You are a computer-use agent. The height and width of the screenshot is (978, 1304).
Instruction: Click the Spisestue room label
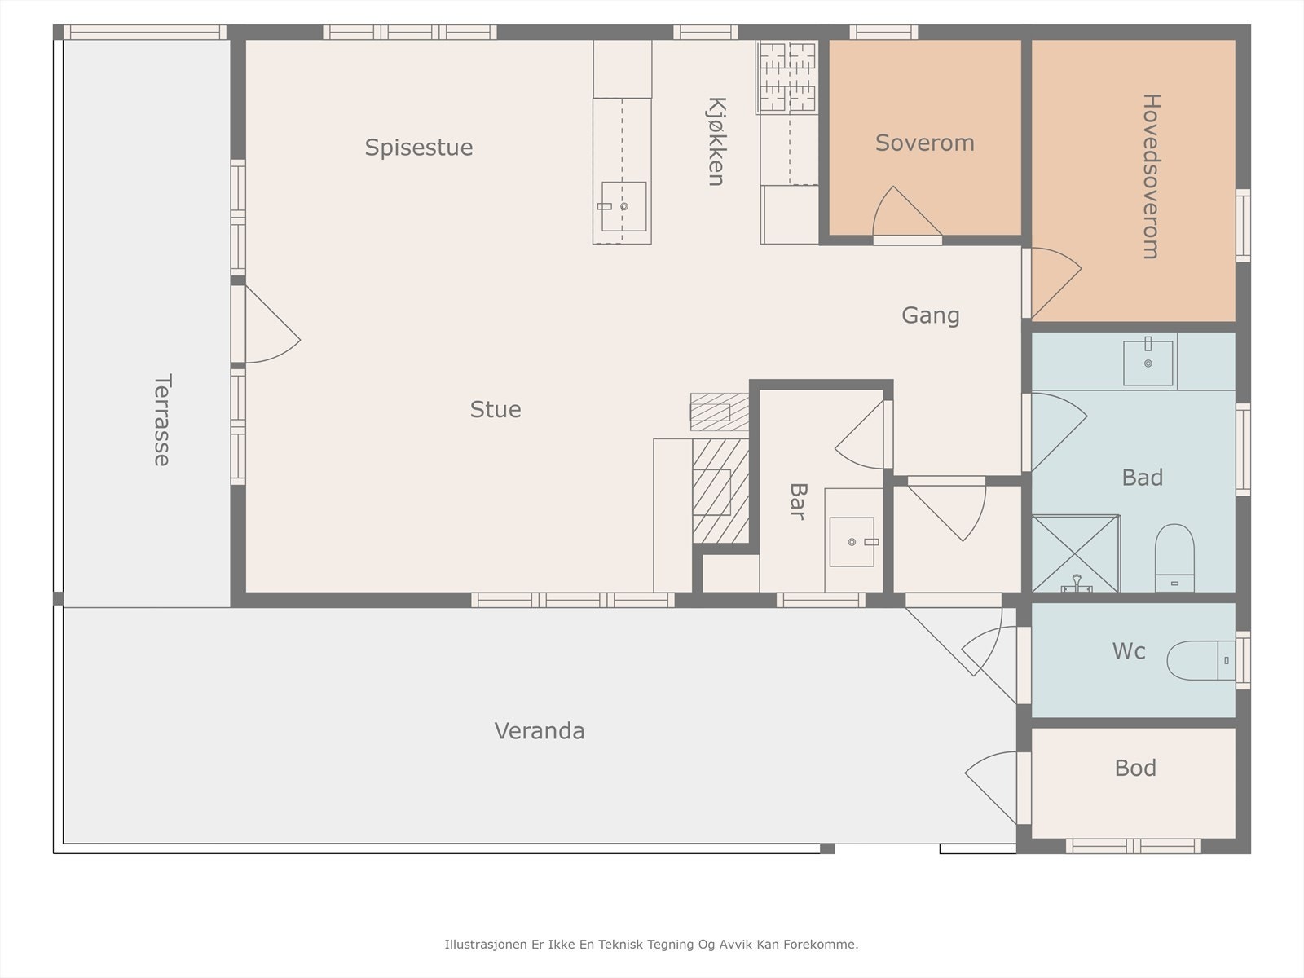click(x=419, y=148)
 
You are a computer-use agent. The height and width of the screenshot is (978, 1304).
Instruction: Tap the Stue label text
click(x=496, y=409)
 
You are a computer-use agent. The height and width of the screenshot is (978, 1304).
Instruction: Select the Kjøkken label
click(x=716, y=141)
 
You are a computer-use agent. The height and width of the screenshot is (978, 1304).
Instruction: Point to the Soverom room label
click(x=924, y=143)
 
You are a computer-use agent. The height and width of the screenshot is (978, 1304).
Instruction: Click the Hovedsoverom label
click(x=1152, y=176)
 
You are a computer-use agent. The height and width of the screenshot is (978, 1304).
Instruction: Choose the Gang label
click(x=931, y=315)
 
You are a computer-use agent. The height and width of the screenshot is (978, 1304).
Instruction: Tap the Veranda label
click(x=540, y=731)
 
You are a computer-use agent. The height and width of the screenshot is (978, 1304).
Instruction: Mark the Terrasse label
click(x=162, y=420)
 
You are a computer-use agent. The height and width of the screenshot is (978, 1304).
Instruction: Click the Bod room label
click(x=1135, y=768)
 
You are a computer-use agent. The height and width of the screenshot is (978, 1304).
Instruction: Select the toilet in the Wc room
click(x=1200, y=660)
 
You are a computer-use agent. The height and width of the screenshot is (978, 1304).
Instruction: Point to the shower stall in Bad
click(x=1076, y=553)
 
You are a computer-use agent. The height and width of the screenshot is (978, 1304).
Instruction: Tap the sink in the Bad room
click(x=1148, y=363)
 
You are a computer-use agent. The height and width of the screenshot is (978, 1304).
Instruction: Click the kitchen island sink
click(x=623, y=206)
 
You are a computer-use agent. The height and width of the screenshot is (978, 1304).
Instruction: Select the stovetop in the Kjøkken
click(x=787, y=77)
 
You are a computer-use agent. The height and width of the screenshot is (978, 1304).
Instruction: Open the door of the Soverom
click(x=907, y=214)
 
